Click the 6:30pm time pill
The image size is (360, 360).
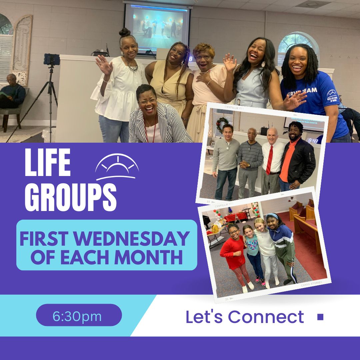pyautogui.click(x=79, y=315)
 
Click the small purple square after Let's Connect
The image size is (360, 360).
pyautogui.click(x=320, y=317)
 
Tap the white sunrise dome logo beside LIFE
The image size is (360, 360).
pyautogui.click(x=117, y=167)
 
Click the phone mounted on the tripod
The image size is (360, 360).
pyautogui.click(x=52, y=59)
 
